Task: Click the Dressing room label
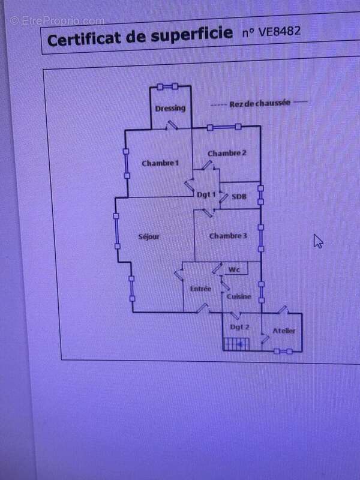[170, 109]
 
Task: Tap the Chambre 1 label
[160, 163]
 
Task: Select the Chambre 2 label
[227, 153]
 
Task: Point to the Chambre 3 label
[228, 236]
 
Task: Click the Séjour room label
[149, 236]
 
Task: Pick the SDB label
[239, 197]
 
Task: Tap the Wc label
[234, 269]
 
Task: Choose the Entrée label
[200, 289]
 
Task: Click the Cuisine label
[239, 296]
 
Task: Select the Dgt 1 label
[206, 194]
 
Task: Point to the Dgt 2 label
[239, 327]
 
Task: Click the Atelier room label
[284, 331]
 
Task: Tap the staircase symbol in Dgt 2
[236, 344]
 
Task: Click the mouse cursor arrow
[318, 241]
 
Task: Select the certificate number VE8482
[271, 32]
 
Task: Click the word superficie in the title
[191, 35]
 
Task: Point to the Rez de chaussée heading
[260, 103]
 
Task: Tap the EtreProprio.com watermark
[57, 21]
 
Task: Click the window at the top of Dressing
[167, 86]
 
